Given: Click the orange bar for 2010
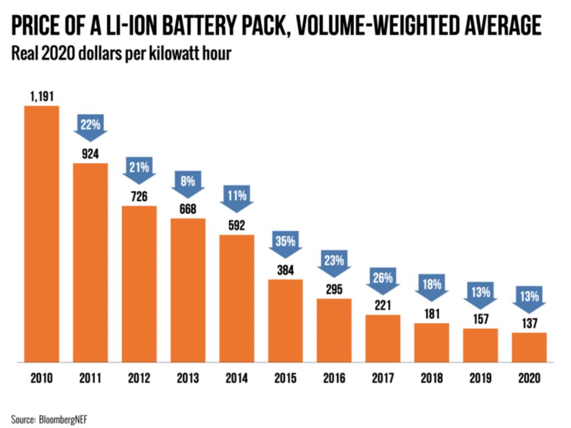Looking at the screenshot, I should pyautogui.click(x=41, y=234).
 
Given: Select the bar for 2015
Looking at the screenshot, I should pyautogui.click(x=285, y=320).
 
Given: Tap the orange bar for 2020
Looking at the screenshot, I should pyautogui.click(x=529, y=347).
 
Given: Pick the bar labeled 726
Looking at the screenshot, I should pyautogui.click(x=139, y=284).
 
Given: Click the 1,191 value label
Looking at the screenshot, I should pyautogui.click(x=41, y=96).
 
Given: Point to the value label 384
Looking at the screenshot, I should pyautogui.click(x=285, y=270).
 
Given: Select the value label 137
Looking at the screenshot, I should pyautogui.click(x=529, y=323).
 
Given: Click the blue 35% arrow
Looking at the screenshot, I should pyautogui.click(x=285, y=244).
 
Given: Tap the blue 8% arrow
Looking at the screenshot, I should pyautogui.click(x=188, y=183).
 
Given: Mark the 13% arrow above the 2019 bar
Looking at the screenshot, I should pyautogui.click(x=480, y=294).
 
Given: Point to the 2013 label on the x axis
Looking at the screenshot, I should pyautogui.click(x=188, y=378).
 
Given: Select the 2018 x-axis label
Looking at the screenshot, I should pyautogui.click(x=431, y=378).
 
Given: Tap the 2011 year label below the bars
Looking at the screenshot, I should pyautogui.click(x=90, y=378).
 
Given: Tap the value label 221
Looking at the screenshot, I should pyautogui.click(x=383, y=305).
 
